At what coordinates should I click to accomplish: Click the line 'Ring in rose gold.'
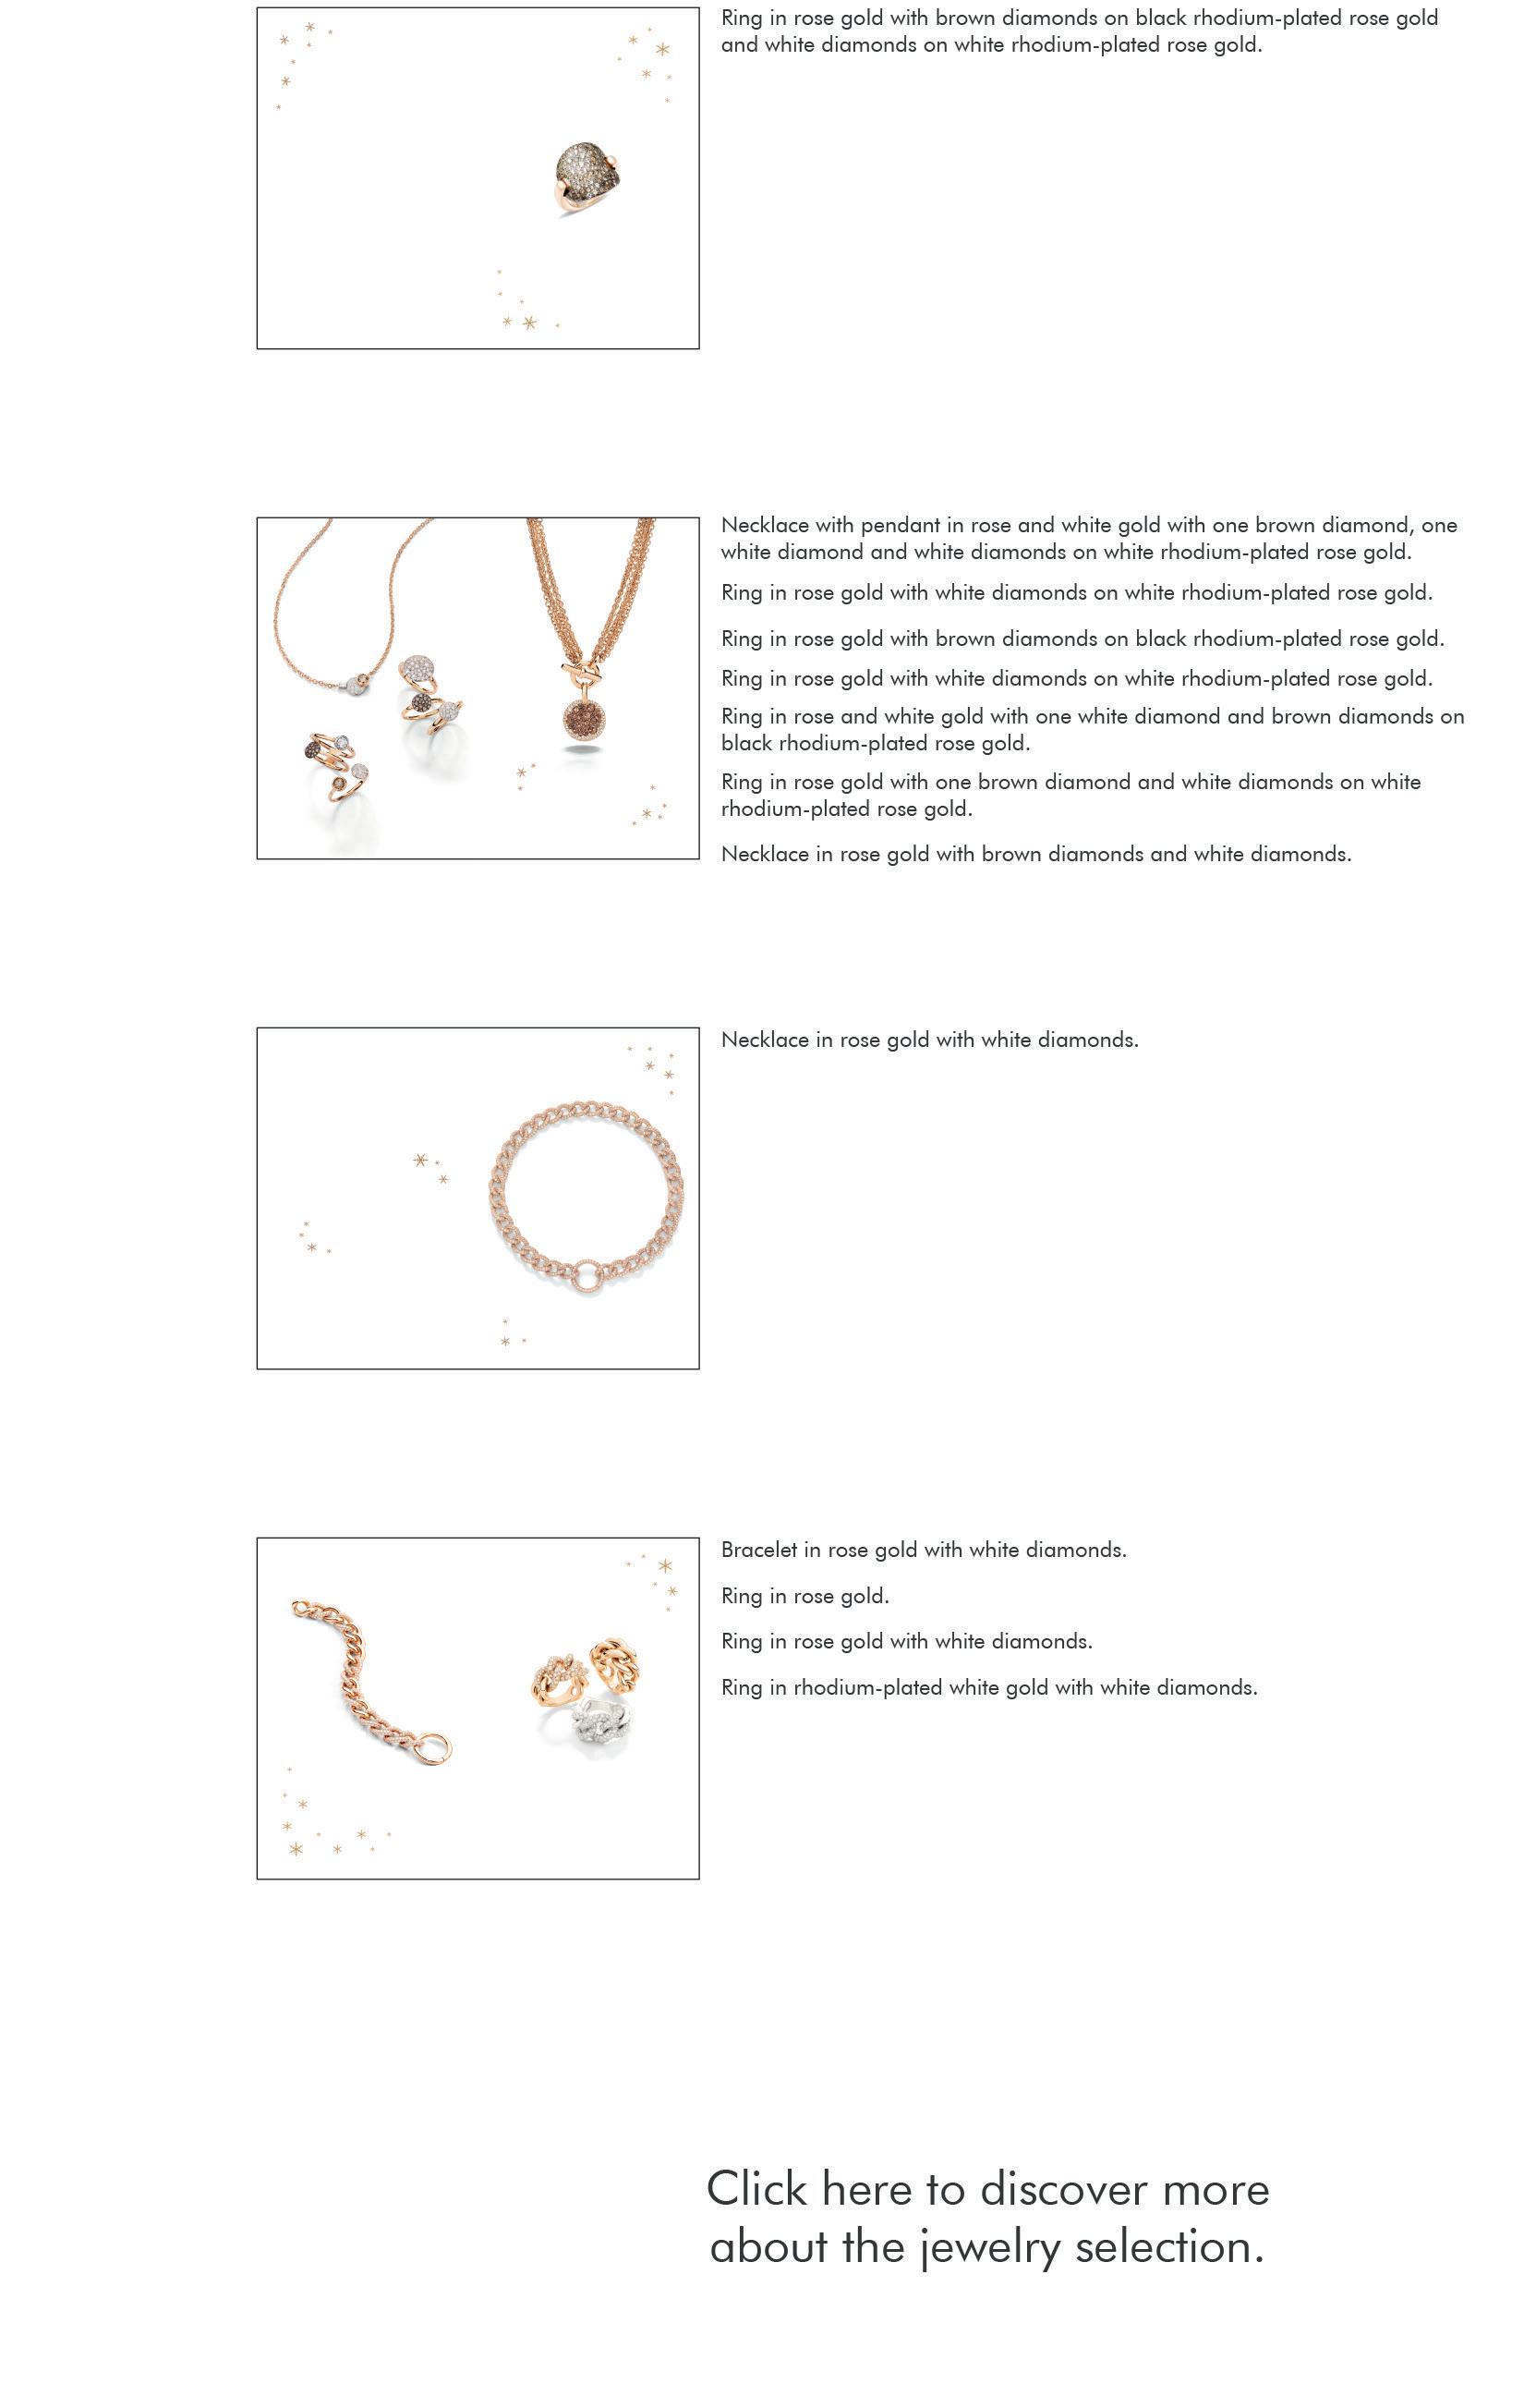pyautogui.click(x=804, y=1596)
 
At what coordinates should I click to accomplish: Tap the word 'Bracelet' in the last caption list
pyautogui.click(x=758, y=1551)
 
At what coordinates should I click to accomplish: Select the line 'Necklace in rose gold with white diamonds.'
pyautogui.click(x=929, y=1040)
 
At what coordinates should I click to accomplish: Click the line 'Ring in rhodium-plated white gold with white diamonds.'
pyautogui.click(x=989, y=1687)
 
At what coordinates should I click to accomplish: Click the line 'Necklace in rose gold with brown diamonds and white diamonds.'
pyautogui.click(x=1035, y=854)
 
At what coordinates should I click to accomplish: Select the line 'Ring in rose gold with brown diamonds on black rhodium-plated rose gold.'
pyautogui.click(x=1083, y=639)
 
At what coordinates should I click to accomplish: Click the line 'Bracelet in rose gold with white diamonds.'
pyautogui.click(x=923, y=1551)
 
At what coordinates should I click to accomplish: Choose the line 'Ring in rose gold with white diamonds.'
pyautogui.click(x=906, y=1642)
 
